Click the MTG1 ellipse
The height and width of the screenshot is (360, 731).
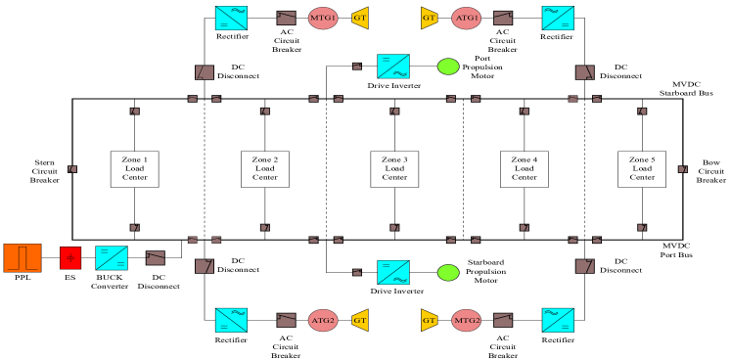[323, 18]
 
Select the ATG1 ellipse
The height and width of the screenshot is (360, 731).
[467, 18]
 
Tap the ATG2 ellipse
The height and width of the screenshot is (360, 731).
[323, 320]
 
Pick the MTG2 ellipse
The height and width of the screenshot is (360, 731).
[467, 320]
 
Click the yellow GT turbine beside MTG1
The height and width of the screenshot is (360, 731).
[360, 18]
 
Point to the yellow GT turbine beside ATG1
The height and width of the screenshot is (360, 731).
[429, 18]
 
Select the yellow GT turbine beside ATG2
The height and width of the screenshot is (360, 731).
[360, 320]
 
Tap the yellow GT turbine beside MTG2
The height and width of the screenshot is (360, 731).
[429, 320]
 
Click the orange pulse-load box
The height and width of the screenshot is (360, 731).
[23, 257]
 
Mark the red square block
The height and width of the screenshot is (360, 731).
[70, 257]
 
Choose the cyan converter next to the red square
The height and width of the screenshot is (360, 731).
[112, 257]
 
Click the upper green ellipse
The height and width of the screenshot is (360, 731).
[448, 67]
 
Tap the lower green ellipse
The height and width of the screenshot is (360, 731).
[448, 272]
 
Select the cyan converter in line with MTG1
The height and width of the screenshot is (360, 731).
[231, 18]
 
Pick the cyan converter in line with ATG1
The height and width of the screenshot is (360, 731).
[558, 18]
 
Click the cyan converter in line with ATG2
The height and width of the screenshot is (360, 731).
[231, 320]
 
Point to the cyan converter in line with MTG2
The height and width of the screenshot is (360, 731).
[558, 320]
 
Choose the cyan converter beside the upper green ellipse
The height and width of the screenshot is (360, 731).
[393, 67]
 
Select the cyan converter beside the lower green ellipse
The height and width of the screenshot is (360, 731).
[393, 272]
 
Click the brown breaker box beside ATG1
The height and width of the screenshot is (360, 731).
[503, 18]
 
